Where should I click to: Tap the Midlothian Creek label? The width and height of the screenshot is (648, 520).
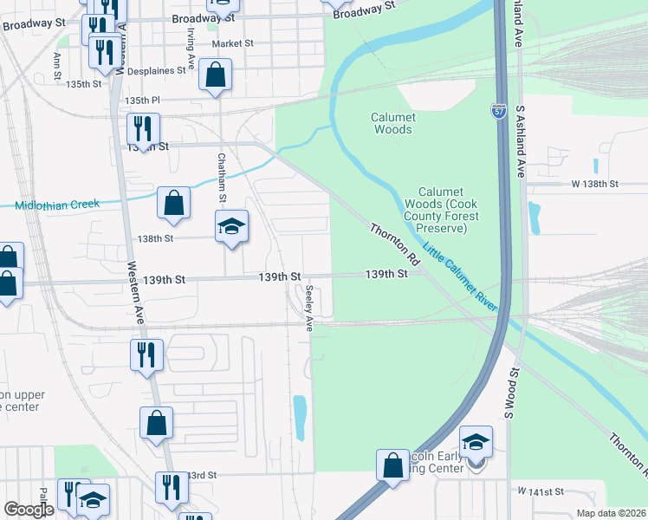(x=57, y=205)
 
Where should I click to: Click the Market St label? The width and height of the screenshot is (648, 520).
(x=232, y=43)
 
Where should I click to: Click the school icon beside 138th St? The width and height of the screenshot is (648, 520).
(x=231, y=226)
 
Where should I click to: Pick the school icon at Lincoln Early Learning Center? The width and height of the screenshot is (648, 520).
(x=476, y=441)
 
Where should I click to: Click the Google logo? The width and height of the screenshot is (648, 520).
(x=28, y=510)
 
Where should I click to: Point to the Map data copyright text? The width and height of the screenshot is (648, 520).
(x=610, y=513)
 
